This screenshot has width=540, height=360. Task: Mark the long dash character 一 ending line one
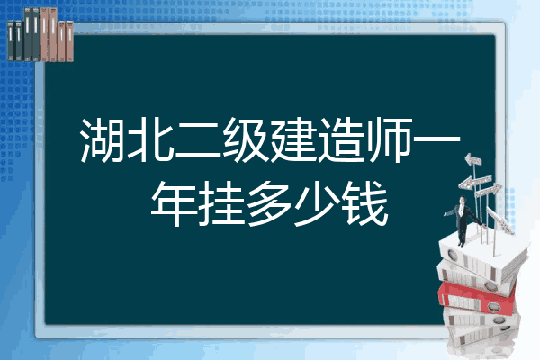pos(436,139)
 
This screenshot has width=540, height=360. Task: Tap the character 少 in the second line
pos(318,203)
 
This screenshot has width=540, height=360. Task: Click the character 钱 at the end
pos(365,203)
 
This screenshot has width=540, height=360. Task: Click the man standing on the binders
pos(463,220)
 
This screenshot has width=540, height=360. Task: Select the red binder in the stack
pos(477,298)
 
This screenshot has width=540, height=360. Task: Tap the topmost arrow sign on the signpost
pos(473,160)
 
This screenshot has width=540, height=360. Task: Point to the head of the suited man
pos(463,200)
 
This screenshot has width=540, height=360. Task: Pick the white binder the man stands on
pos(482,255)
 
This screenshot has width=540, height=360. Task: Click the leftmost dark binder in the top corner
pos(11,40)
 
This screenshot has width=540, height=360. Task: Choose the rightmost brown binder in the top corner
pos(69,41)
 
